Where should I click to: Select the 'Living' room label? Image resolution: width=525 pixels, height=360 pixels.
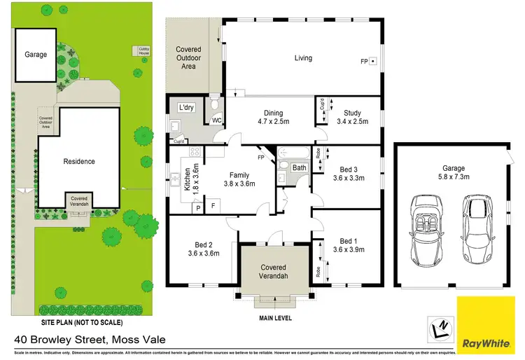point(303,58)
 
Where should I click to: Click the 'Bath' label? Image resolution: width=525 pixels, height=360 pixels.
point(300,168)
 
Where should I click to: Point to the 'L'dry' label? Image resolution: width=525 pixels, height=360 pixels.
point(186,107)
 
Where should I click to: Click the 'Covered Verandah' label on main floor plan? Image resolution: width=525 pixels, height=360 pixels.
point(274,272)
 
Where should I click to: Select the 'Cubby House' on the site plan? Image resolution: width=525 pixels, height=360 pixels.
point(143,51)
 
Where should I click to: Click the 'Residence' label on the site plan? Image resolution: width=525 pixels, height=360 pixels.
point(79,161)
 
